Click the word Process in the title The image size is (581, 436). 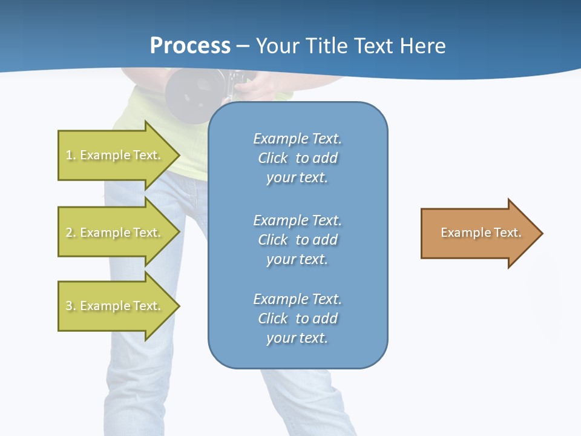pos(190,46)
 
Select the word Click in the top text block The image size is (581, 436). pos(273,159)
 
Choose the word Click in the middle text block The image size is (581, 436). pos(273,240)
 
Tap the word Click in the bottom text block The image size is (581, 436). pos(273,319)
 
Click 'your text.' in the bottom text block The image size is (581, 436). pos(297,338)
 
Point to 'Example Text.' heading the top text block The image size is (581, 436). pos(297,139)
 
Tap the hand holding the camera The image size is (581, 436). pos(254,88)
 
